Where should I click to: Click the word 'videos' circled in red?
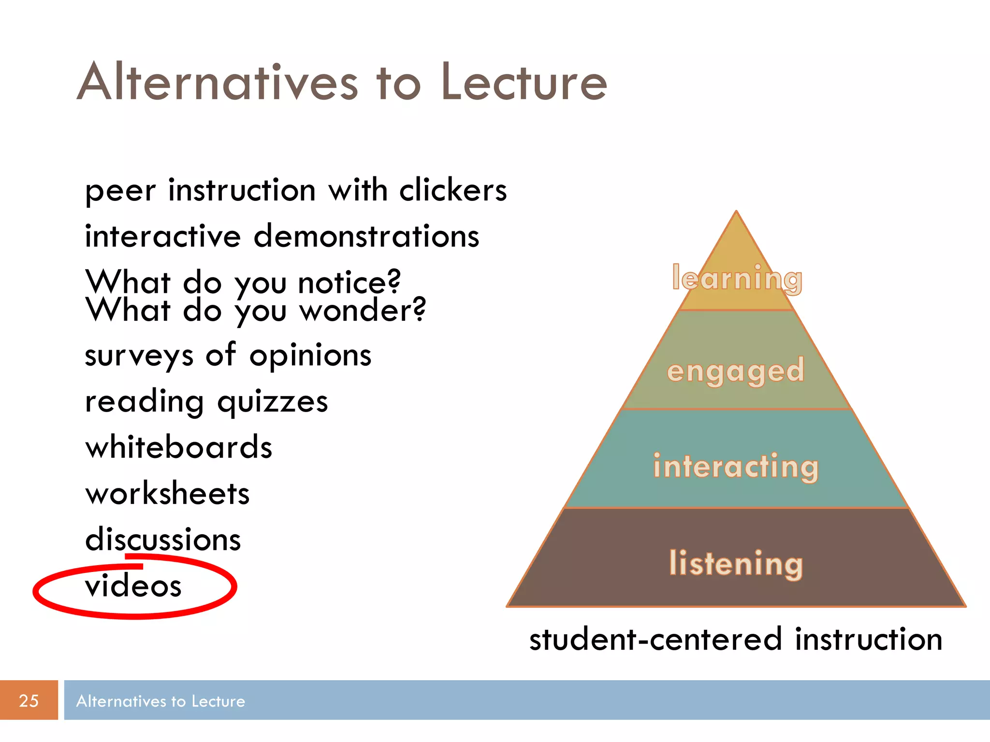[x=133, y=586]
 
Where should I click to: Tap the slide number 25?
[x=29, y=700]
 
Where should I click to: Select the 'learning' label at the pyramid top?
[x=737, y=279]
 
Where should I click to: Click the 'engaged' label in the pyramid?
[x=735, y=371]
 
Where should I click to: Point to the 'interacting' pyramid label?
[x=736, y=467]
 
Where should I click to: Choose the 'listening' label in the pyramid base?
[x=736, y=563]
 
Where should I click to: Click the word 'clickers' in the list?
[x=453, y=190]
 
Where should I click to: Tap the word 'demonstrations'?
[x=366, y=236]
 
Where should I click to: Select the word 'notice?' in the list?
[x=349, y=282]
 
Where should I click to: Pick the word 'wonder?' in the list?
[x=363, y=310]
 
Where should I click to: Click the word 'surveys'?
[x=139, y=356]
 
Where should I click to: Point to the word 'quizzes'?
[x=273, y=402]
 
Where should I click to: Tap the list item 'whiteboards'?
[x=179, y=447]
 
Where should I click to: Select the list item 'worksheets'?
[x=167, y=494]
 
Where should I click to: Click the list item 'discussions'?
[x=163, y=540]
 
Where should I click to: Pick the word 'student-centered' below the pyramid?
[x=655, y=639]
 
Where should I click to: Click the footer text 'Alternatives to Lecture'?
[x=160, y=701]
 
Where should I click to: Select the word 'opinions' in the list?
[x=310, y=356]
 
